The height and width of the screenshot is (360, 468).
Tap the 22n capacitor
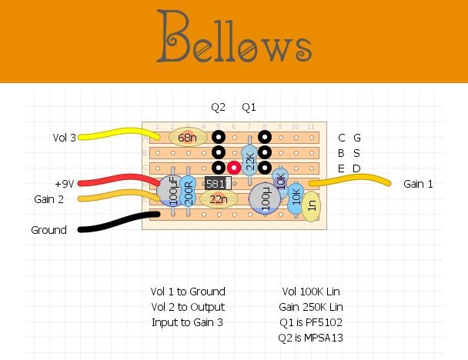coord(219,199)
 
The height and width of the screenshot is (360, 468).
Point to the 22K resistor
coord(249,160)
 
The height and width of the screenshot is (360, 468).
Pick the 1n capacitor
coord(311,204)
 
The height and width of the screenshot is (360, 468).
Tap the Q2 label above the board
coord(219,106)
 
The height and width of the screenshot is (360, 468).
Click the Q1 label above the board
coord(249,106)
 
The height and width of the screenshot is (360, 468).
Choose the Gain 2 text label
coord(48,199)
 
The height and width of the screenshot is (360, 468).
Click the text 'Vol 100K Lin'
coord(311,292)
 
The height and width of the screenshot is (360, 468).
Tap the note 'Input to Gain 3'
coord(188,322)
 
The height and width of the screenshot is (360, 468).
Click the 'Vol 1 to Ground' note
coord(188,292)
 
